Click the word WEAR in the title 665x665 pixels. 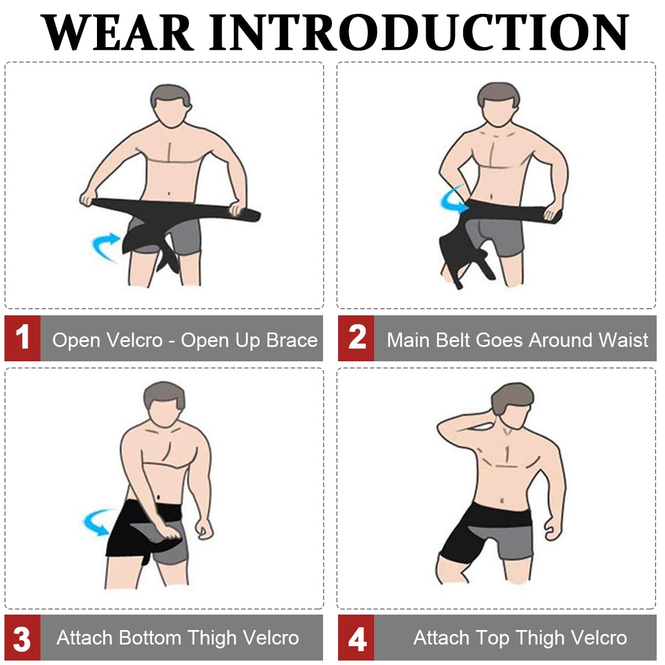click(x=117, y=33)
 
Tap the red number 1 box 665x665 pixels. click(x=22, y=338)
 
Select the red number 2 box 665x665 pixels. click(x=356, y=338)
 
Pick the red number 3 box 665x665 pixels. click(x=22, y=637)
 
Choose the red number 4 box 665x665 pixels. click(x=356, y=637)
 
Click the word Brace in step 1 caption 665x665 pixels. click(x=291, y=340)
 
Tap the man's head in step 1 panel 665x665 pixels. click(x=171, y=105)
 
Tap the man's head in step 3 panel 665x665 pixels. click(x=164, y=404)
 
